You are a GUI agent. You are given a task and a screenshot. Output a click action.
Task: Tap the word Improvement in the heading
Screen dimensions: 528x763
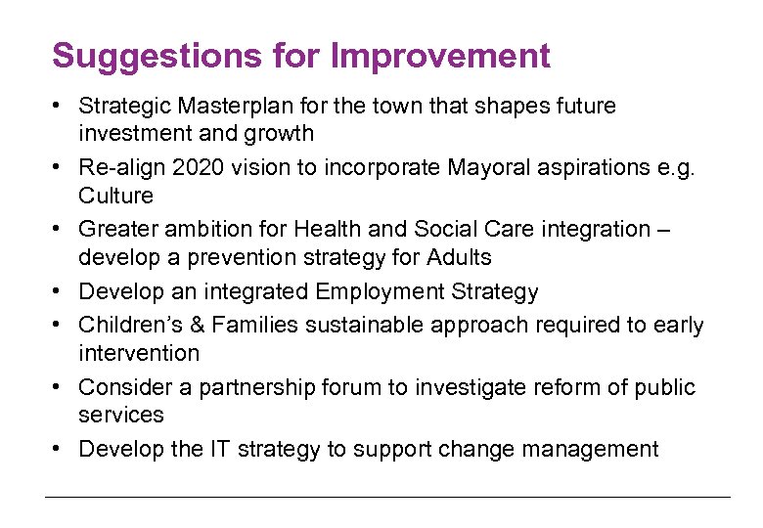click(440, 56)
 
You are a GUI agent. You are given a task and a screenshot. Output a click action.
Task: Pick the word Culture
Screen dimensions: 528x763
click(116, 196)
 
